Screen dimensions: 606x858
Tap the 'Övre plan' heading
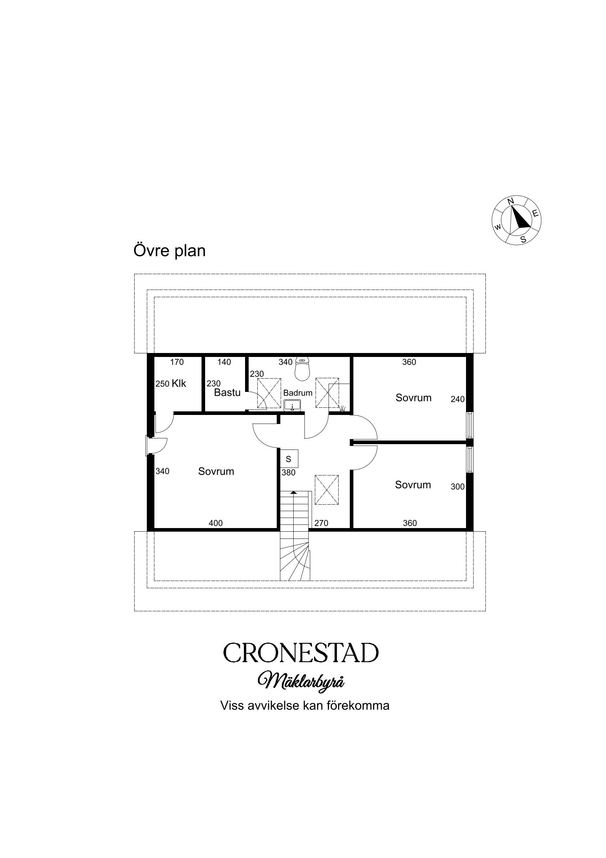click(x=169, y=250)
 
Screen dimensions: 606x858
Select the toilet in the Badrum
click(x=302, y=368)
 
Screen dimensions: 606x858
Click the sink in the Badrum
click(x=292, y=406)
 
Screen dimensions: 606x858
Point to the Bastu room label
click(x=227, y=393)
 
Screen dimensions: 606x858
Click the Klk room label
click(x=178, y=383)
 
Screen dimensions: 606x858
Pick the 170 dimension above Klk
click(x=177, y=362)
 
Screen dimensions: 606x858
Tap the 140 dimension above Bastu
click(x=224, y=362)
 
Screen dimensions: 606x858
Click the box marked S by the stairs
click(x=289, y=459)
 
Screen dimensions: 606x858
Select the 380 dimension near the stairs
click(x=289, y=472)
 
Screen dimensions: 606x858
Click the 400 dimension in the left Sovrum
click(x=216, y=523)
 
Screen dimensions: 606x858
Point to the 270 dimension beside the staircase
click(x=321, y=523)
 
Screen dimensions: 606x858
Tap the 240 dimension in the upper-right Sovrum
click(x=457, y=399)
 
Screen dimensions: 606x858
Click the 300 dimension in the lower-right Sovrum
click(x=457, y=487)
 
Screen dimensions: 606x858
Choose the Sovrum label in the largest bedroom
click(x=216, y=471)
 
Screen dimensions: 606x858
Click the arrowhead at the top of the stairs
click(x=294, y=492)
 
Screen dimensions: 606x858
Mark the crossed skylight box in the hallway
click(x=327, y=490)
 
